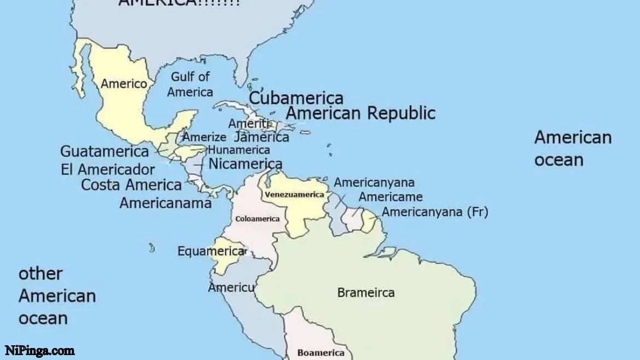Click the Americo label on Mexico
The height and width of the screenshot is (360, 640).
tap(124, 84)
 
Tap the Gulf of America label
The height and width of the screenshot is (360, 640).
tap(190, 84)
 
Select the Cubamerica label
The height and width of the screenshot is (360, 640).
tap(296, 98)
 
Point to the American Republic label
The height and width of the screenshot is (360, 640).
tap(361, 113)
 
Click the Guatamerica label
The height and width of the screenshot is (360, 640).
tap(104, 151)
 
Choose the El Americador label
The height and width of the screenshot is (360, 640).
tap(108, 169)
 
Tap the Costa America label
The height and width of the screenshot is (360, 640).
tap(131, 185)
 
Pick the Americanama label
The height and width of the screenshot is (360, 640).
tap(165, 203)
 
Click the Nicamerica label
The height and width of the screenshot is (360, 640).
tap(246, 164)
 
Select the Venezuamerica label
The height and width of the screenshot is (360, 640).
tap(294, 195)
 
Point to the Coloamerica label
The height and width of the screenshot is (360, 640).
tap(257, 219)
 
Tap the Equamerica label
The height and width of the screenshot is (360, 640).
tap(211, 252)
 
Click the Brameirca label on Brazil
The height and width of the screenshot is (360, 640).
tap(365, 293)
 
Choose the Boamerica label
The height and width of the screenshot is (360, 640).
tap(321, 353)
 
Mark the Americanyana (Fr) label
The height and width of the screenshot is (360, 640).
tap(435, 212)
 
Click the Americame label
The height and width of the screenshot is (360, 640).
tap(391, 197)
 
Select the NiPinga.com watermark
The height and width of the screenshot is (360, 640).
tap(40, 351)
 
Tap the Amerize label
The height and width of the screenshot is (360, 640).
tap(204, 137)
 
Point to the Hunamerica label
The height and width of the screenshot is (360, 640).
tap(239, 150)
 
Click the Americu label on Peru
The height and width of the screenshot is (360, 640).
tap(231, 287)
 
